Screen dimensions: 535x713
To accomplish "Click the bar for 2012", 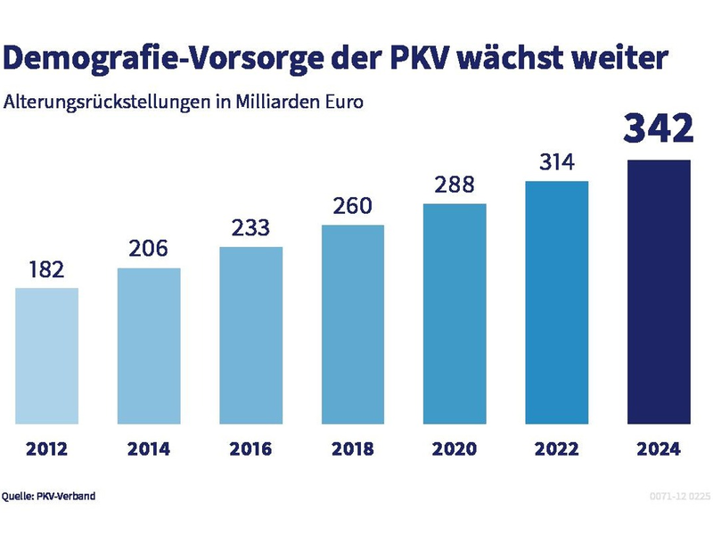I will pyautogui.click(x=46, y=356).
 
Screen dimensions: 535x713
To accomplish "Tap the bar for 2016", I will pyautogui.click(x=250, y=335).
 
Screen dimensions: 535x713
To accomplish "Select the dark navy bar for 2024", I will pyautogui.click(x=659, y=292).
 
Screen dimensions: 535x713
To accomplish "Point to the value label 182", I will pyautogui.click(x=46, y=269).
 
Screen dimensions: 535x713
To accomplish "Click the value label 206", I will pyautogui.click(x=149, y=249).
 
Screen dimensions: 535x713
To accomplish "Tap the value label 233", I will pyautogui.click(x=250, y=228).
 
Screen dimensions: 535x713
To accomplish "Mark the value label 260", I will pyautogui.click(x=353, y=207).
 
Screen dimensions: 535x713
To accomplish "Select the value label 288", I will pyautogui.click(x=455, y=185).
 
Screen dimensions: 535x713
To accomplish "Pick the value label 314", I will pyautogui.click(x=557, y=163).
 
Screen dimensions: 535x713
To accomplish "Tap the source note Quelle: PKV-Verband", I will pyautogui.click(x=48, y=496).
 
